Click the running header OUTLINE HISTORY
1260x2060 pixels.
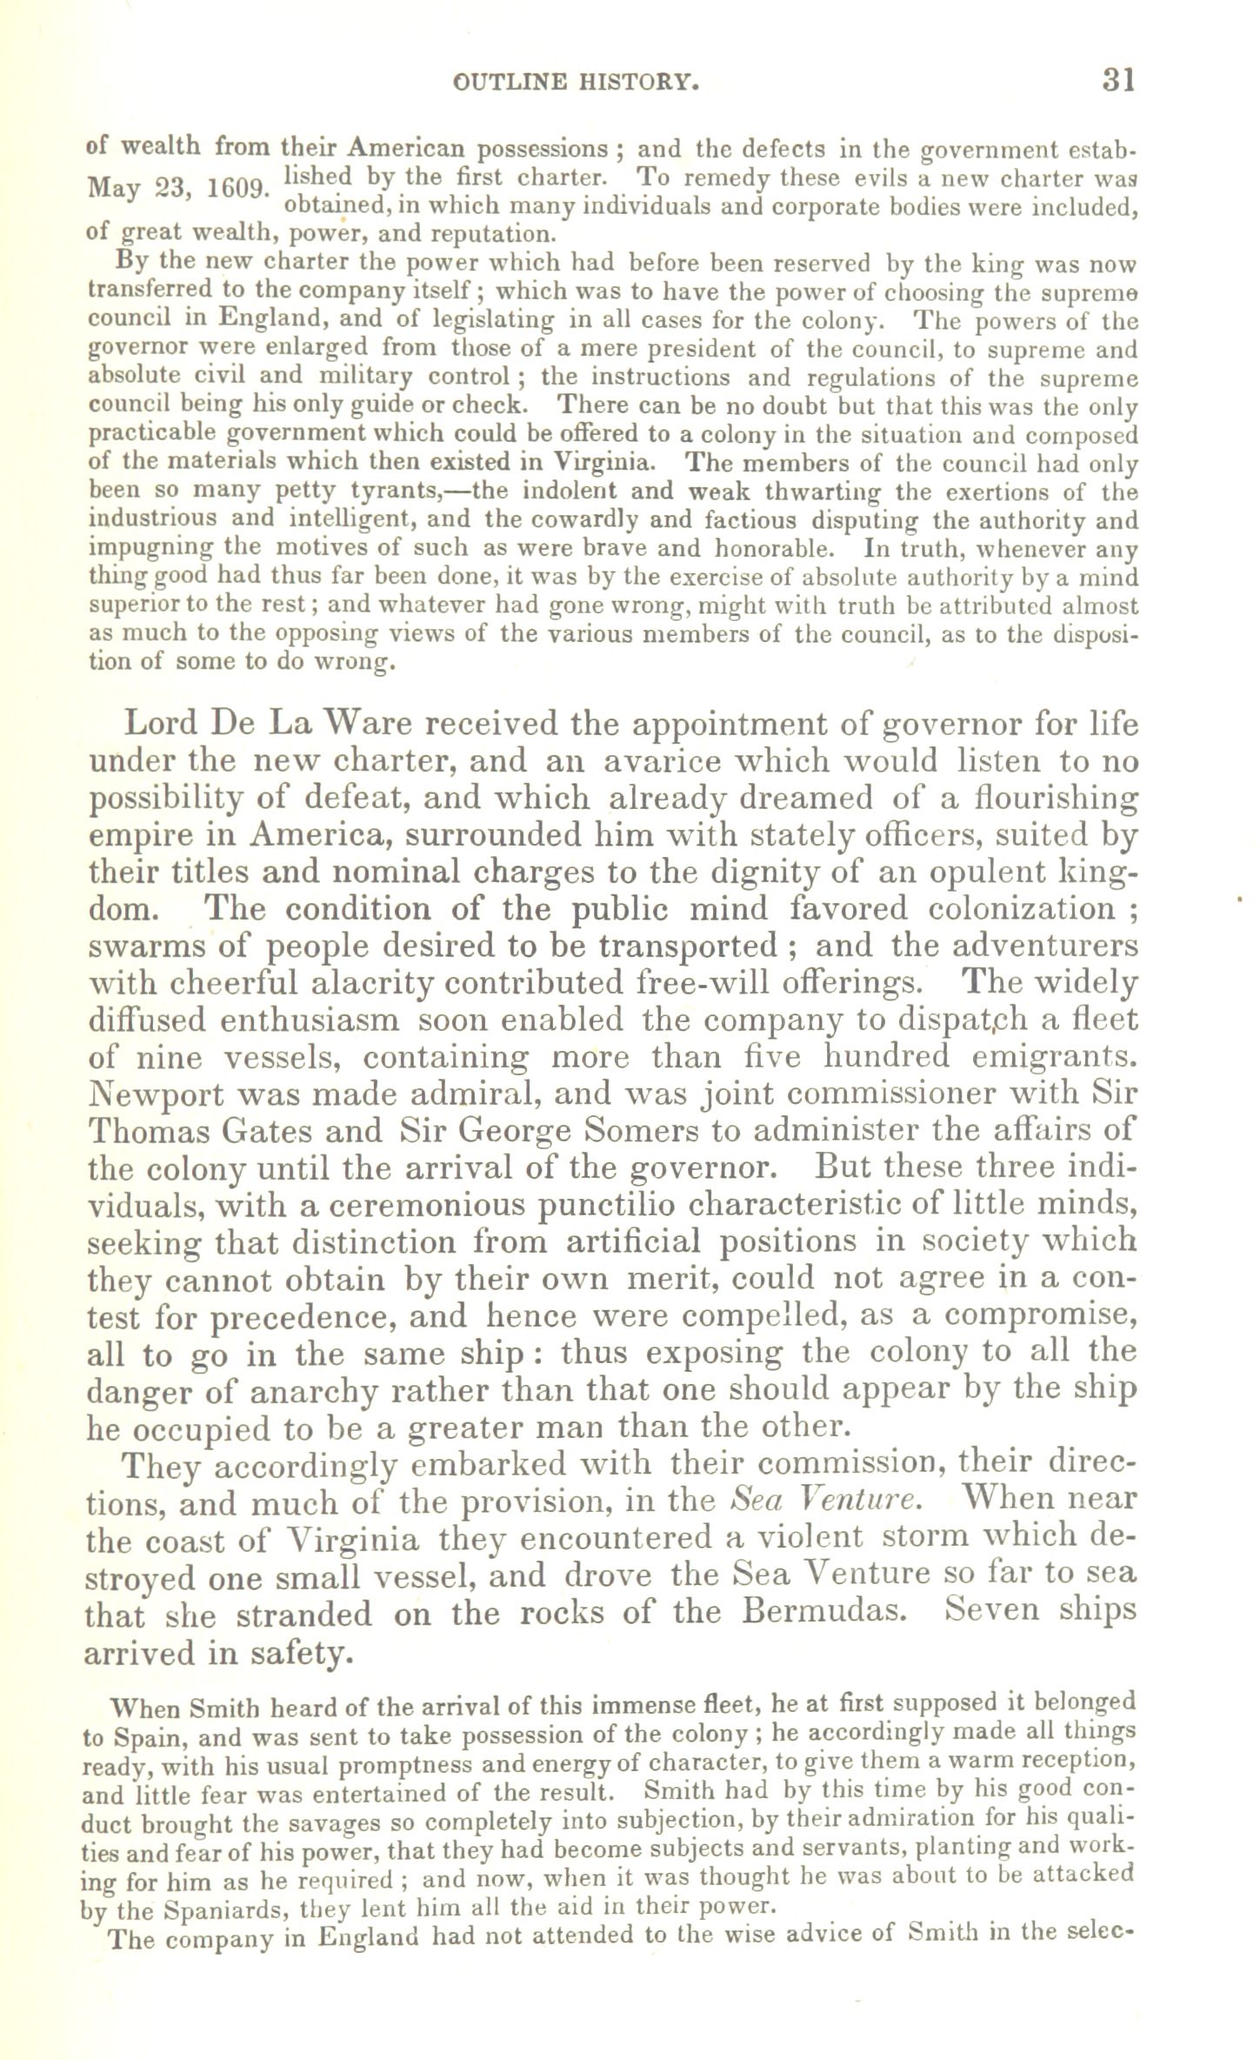tap(577, 83)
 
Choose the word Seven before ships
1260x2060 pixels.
tap(1000, 1609)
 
